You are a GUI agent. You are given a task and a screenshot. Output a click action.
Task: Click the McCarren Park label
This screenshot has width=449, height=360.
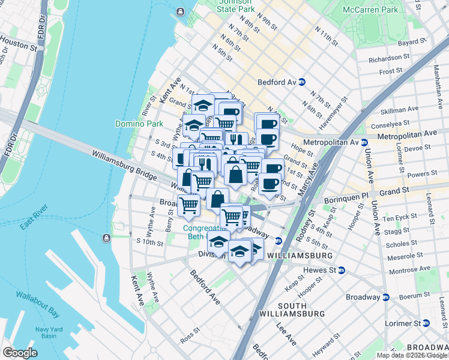[x=370, y=10]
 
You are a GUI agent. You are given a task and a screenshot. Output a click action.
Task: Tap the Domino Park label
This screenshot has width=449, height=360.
[x=139, y=124]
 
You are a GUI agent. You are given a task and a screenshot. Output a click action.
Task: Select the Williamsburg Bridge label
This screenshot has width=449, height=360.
[x=124, y=164]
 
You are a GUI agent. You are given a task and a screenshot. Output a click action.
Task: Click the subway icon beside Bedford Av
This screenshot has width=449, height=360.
[x=303, y=82]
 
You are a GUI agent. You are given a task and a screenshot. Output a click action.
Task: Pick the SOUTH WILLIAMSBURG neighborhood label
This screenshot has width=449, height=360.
[x=292, y=310]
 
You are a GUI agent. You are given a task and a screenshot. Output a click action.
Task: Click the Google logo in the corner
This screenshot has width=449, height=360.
[x=20, y=353]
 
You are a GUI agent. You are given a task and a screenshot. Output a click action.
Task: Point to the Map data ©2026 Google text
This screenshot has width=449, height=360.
[x=412, y=355]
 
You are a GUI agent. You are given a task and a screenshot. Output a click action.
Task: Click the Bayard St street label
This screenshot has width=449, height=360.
[x=412, y=43]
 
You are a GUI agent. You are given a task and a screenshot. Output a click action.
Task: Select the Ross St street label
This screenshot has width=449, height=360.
[x=189, y=334]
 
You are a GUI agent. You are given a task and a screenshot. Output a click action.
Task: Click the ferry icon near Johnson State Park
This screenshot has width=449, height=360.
[x=180, y=12]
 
